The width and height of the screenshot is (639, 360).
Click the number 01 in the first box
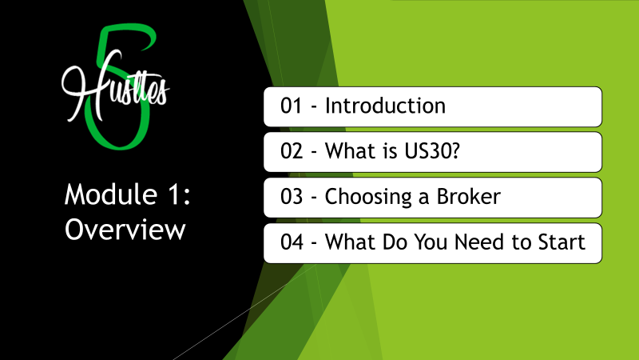pos(292,106)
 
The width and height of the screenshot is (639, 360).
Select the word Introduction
pos(385,106)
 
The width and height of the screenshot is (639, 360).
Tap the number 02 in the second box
pos(292,151)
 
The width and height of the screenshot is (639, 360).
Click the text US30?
pos(432,151)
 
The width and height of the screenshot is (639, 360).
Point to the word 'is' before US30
pos(390,151)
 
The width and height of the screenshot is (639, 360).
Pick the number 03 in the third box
pos(292,197)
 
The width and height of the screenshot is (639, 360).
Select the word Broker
pos(469,196)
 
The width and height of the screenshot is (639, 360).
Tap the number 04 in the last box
pos(292,242)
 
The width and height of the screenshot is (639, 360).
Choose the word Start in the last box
pos(562,242)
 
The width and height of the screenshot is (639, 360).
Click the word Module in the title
pos(111,194)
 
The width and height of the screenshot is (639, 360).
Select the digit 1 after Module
pos(173,194)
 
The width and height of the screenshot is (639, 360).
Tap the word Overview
pos(125,230)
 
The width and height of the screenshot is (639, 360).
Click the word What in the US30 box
pos(351,151)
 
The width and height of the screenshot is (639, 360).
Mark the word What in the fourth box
pos(351,242)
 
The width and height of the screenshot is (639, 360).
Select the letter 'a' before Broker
pos(424,198)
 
